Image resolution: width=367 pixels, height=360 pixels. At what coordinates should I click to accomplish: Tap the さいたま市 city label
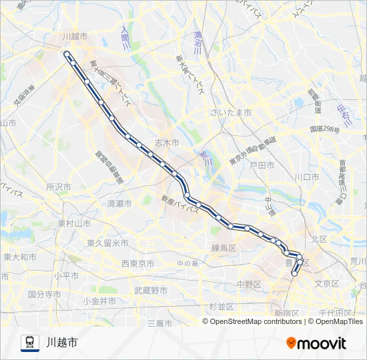click(230, 113)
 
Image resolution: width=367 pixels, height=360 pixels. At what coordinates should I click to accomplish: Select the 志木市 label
click(167, 143)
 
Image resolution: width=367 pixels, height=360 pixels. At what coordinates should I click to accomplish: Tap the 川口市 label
click(306, 177)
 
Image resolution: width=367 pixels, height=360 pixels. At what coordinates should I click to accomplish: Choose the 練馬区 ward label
click(224, 248)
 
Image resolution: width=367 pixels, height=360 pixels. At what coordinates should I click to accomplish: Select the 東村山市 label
click(73, 223)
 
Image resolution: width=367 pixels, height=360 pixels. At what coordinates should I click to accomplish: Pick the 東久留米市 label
click(107, 243)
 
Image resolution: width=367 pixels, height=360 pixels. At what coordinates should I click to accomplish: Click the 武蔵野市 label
click(151, 290)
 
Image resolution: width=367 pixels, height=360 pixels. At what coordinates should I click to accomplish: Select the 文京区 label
click(327, 283)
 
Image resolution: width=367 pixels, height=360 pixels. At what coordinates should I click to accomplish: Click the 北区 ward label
click(318, 238)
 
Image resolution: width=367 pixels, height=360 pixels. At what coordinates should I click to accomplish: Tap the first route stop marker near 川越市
click(67, 53)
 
